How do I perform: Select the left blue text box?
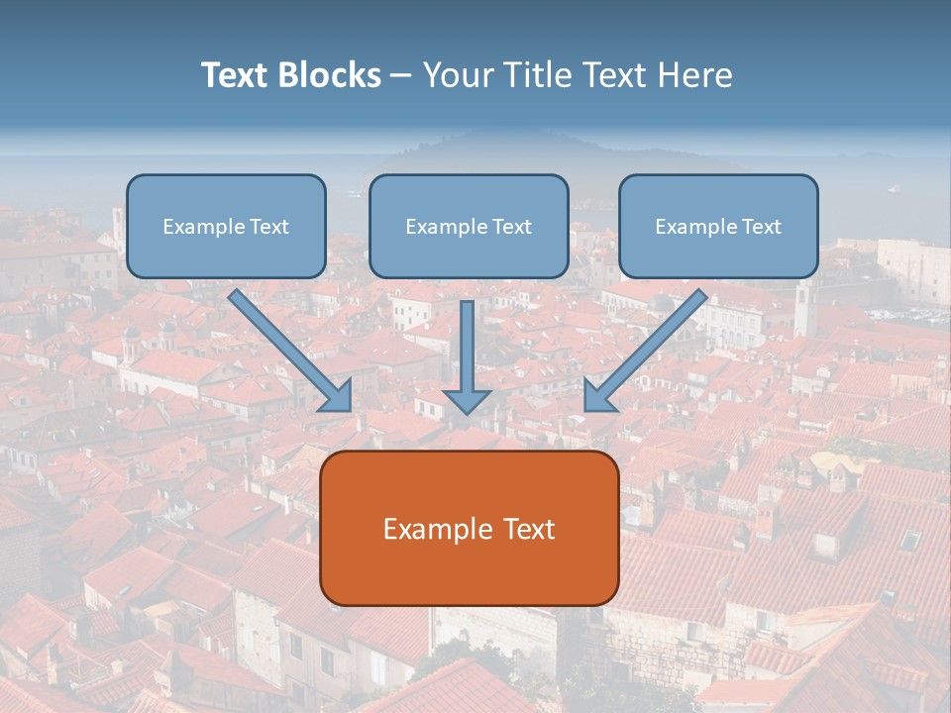(x=226, y=226)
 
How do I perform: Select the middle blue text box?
(x=469, y=226)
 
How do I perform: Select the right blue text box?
(x=718, y=226)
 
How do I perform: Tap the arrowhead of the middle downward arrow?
(x=467, y=401)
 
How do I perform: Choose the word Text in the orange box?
(x=527, y=529)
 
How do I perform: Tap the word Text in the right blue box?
(x=761, y=227)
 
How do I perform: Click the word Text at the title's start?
(x=236, y=75)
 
